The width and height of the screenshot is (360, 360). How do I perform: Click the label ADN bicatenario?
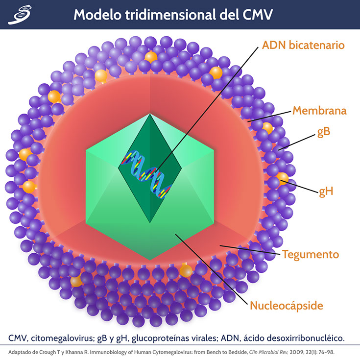pyautogui.click(x=304, y=46)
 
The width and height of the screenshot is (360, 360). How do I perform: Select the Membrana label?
pyautogui.click(x=319, y=111)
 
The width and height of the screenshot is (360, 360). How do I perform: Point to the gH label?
pyautogui.click(x=326, y=191)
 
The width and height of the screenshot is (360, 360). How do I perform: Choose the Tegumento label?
pyautogui.click(x=310, y=255)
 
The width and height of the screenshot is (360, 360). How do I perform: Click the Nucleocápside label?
pyautogui.click(x=287, y=307)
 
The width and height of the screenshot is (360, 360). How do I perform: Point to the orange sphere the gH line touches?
pyautogui.click(x=283, y=178)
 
